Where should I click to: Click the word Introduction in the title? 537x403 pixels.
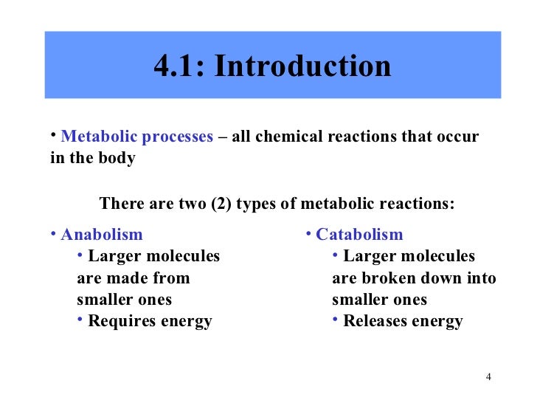(303, 67)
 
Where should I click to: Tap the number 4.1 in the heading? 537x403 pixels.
(179, 67)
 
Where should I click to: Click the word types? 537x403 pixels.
(257, 204)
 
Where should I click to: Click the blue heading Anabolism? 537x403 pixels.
(102, 235)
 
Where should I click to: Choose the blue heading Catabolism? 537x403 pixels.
(359, 235)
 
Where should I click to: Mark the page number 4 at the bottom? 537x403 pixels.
(489, 377)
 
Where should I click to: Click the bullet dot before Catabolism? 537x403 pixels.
(309, 235)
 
